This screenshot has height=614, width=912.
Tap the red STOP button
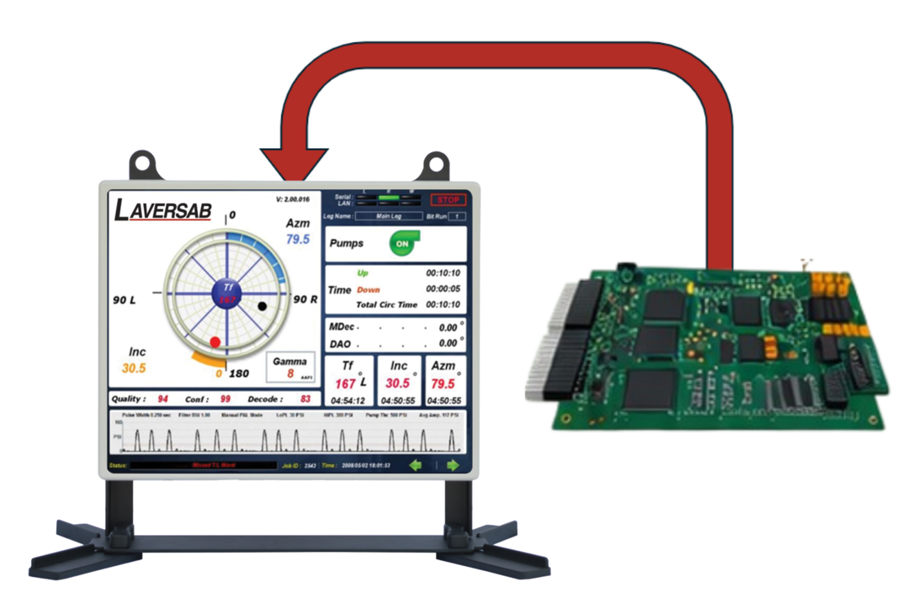448,200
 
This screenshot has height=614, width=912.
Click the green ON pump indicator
403,243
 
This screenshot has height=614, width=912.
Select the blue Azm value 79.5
298,240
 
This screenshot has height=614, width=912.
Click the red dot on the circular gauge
215,342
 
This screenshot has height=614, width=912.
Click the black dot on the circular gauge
262,306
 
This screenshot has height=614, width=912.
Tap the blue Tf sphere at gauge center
226,293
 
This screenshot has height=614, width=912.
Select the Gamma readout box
290,368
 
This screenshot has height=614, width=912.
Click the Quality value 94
162,399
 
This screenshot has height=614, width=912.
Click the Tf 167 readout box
348,380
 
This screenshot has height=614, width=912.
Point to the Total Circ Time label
386,304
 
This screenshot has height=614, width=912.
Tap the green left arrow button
415,465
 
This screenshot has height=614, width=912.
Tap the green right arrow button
453,465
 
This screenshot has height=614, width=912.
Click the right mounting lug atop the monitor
437,163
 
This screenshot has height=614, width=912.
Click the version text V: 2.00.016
292,199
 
